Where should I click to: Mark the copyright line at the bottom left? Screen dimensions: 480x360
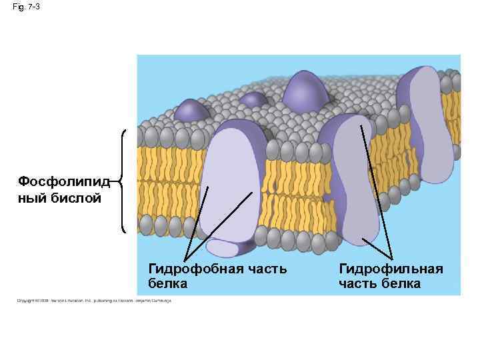[x=94, y=301]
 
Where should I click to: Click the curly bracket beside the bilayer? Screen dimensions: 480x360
[x=124, y=180]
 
